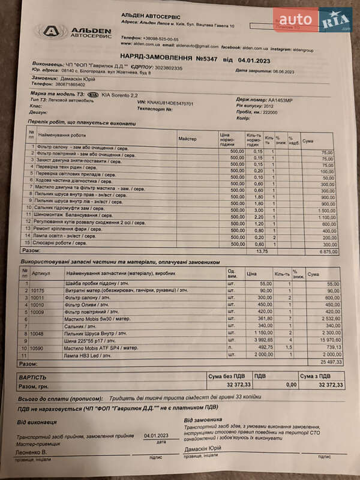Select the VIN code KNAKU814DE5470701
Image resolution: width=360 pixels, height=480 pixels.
tap(173, 103)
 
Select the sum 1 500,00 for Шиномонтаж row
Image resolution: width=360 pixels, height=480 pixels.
tap(327, 211)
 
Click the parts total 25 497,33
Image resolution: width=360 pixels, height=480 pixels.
tap(330, 362)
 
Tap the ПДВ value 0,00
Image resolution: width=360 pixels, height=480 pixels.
tap(292, 385)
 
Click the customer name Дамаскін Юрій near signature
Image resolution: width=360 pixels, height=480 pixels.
tap(202, 448)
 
